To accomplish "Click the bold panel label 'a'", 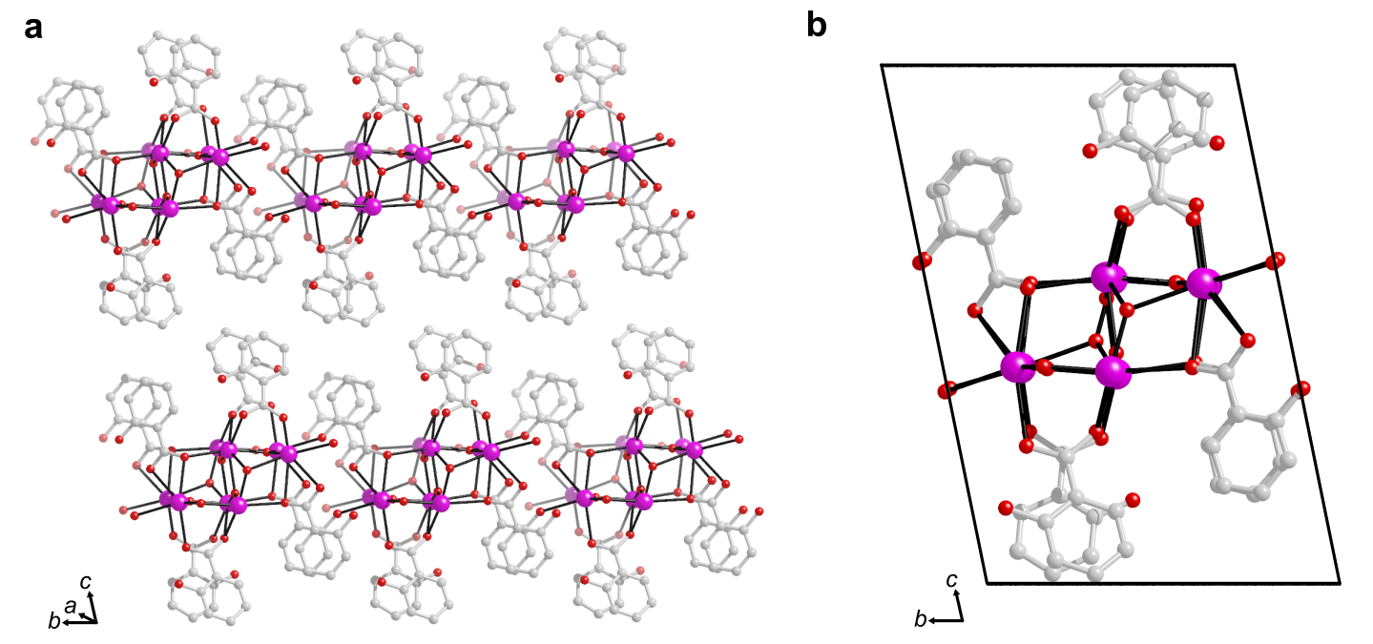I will pos(33,27).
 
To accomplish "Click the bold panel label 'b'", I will pos(817,27).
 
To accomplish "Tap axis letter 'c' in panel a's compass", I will pos(85,581).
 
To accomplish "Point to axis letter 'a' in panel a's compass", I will pos(69,605).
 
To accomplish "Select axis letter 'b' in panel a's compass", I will pos(53,622).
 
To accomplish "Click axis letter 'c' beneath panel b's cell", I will pos(951,579).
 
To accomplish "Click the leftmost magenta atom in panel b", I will pos(1017,367).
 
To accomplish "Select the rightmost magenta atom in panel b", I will pos(1203,282).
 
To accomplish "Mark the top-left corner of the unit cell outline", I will pos(881,65).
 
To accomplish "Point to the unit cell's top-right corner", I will pos(1235,65).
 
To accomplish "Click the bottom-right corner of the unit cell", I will pos(1340,583).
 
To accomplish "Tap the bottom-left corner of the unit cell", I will pos(987,583).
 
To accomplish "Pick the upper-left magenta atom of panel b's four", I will pos(1108,278).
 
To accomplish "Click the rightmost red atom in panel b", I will pos(1300,389).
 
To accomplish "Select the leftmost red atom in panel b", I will pos(922,261).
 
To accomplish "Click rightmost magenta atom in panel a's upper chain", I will pos(626,153).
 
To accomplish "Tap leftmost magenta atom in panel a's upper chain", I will pos(99,203).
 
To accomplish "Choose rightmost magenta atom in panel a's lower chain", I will pos(694,449).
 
